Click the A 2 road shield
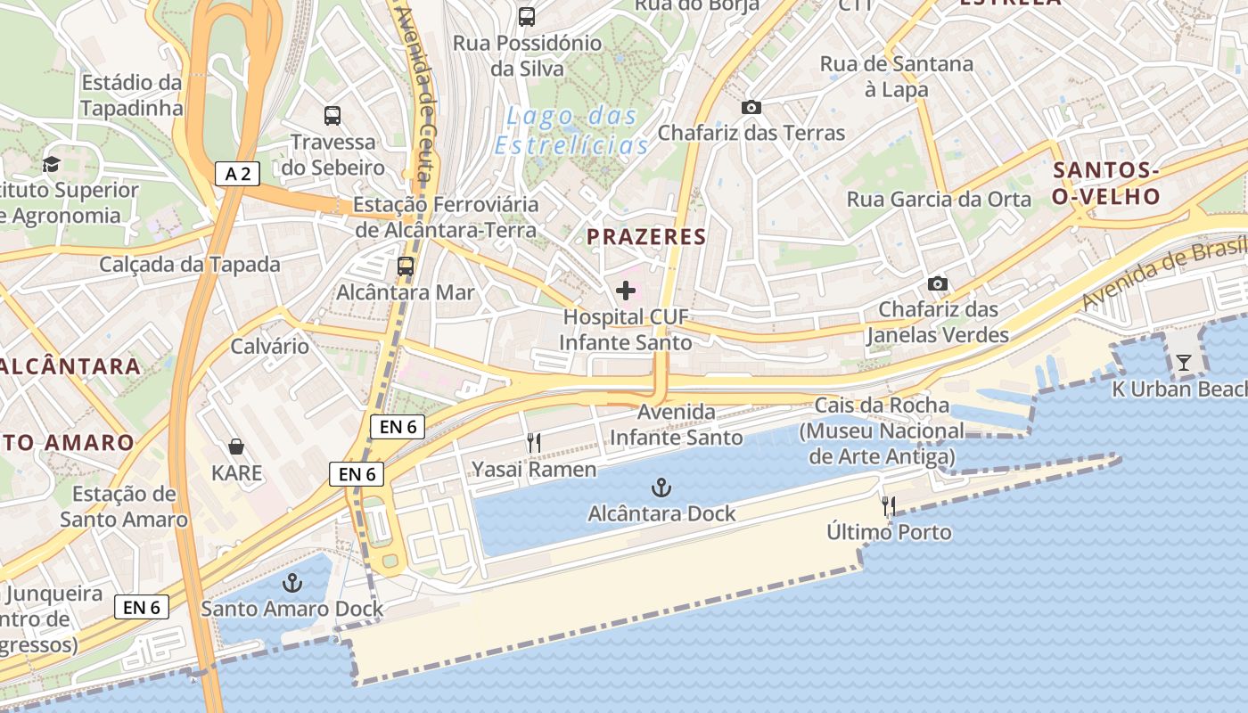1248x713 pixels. coord(237,174)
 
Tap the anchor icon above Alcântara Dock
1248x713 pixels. coord(661,488)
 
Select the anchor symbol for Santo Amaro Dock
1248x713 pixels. coord(291,583)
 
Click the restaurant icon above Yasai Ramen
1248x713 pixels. coord(534,442)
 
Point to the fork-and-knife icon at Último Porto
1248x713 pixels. coord(888,506)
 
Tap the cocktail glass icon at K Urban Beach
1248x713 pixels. coord(1183,362)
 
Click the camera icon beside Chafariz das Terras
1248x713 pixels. coord(751,107)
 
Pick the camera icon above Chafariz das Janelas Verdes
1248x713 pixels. coord(937,283)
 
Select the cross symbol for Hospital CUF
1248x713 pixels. coord(626,290)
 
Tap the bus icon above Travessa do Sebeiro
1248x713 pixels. coord(333,115)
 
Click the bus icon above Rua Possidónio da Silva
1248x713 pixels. coord(527,16)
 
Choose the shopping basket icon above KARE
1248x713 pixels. coord(236,446)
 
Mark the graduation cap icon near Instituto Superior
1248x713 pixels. coord(51,164)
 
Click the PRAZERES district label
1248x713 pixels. coord(646,237)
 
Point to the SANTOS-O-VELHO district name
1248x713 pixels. coord(1105,184)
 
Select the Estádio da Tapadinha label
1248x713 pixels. coord(131,95)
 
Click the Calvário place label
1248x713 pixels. coord(270,346)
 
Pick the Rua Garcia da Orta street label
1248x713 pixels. coord(939,200)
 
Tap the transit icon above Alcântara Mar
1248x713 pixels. coord(406,266)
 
